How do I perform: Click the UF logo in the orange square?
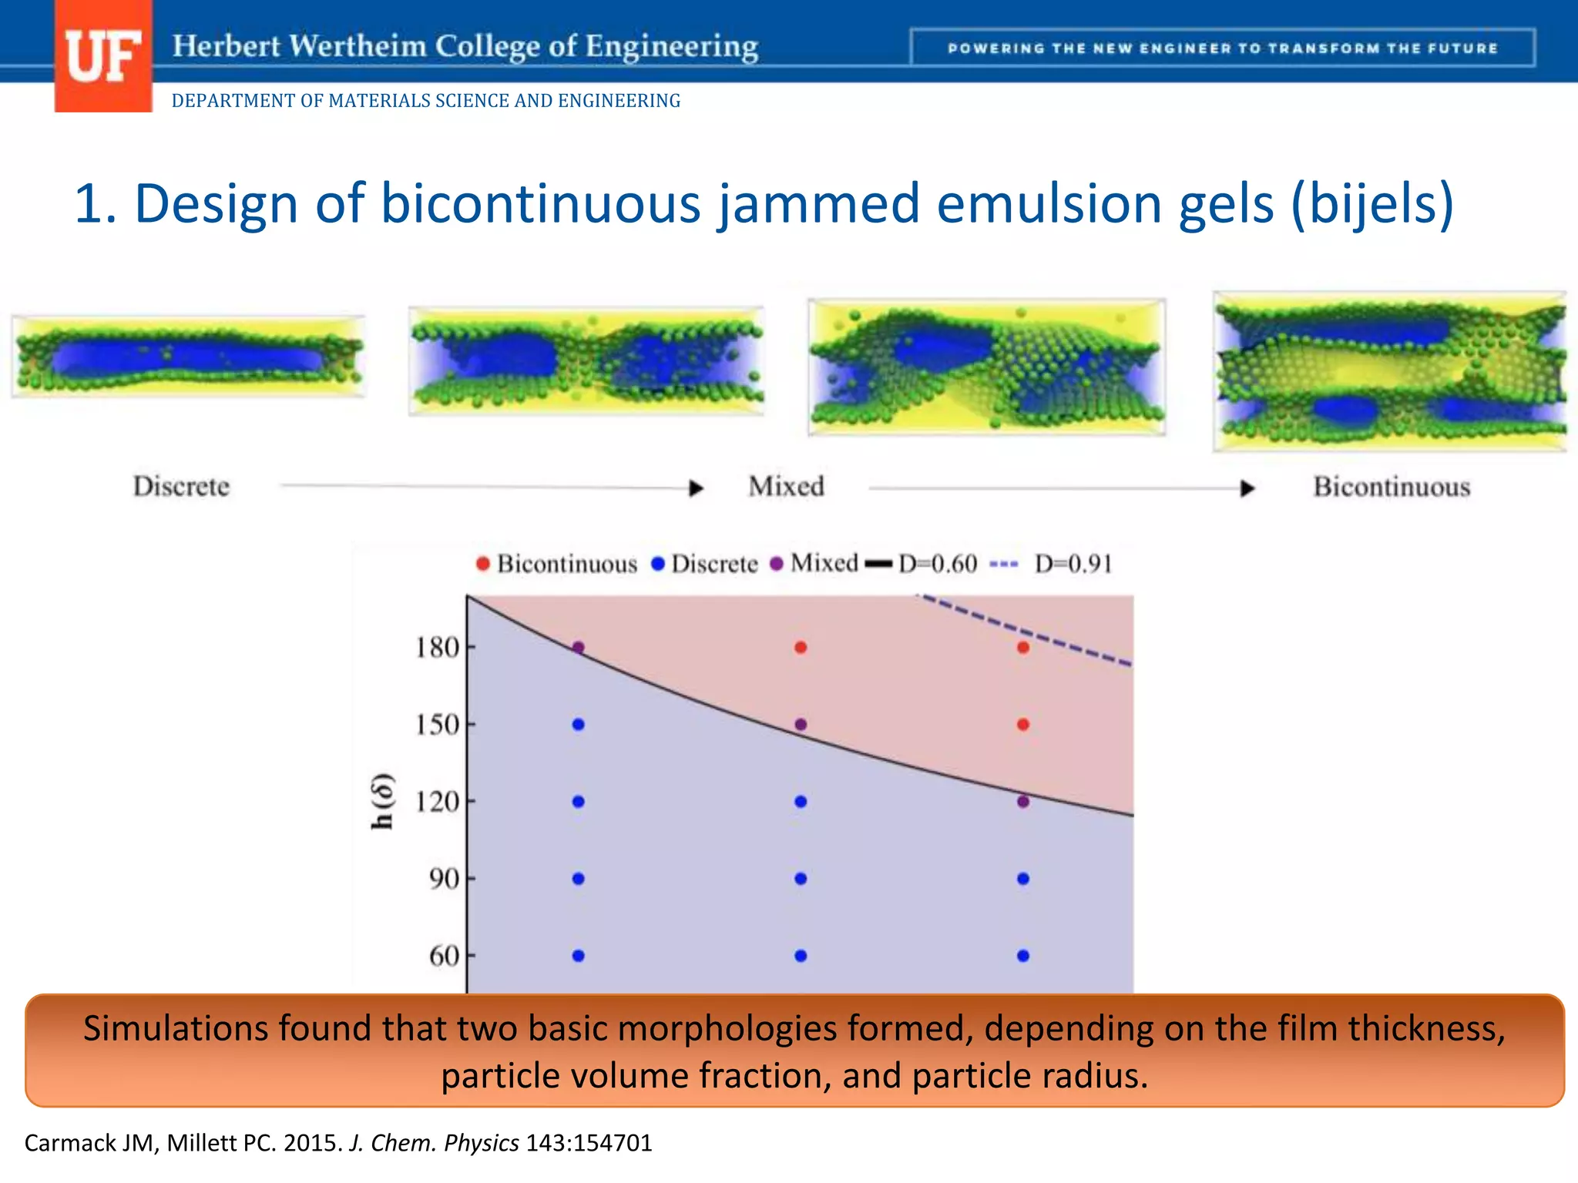(102, 57)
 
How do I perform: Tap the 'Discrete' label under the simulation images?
(181, 487)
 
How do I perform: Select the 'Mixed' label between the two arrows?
(786, 487)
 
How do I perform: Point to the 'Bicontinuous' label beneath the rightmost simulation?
(1392, 487)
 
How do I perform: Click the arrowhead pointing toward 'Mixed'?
(696, 488)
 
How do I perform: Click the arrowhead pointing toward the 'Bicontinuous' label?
(1247, 488)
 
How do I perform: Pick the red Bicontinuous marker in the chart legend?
(483, 565)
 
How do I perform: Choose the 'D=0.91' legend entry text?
(1073, 564)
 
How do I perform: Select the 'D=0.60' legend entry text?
(938, 564)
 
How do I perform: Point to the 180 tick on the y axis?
(438, 648)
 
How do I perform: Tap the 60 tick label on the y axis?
(445, 956)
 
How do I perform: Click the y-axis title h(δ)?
(383, 802)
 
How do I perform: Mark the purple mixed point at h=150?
(801, 725)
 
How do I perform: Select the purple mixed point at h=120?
(1023, 802)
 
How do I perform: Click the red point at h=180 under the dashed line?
(1023, 648)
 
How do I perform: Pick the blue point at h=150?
(579, 725)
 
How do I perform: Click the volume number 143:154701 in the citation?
(589, 1143)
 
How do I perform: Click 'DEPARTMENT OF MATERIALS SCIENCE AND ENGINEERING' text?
(425, 101)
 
